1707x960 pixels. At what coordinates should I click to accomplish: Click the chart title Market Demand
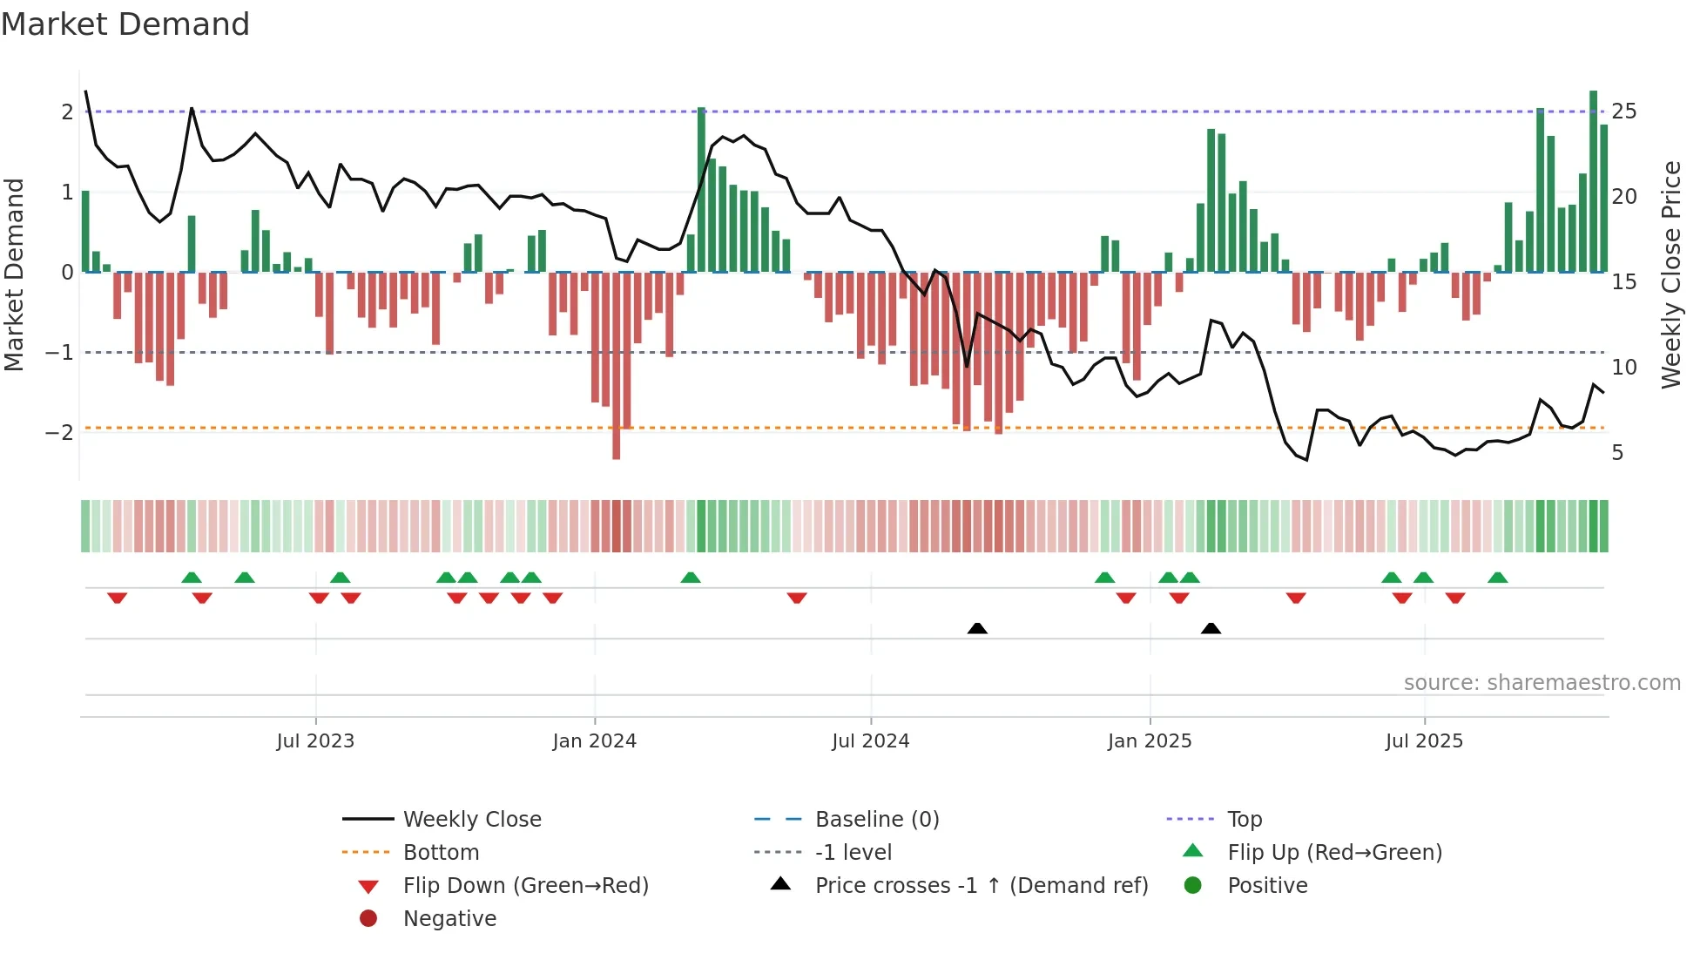125,24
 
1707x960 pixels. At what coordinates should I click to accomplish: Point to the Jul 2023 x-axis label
315,741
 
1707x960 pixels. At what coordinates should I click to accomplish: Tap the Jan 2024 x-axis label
594,741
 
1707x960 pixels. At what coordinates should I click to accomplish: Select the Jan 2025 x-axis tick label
1149,741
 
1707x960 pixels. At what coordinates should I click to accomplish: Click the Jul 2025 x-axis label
1424,741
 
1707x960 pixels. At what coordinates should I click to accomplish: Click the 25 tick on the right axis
1623,112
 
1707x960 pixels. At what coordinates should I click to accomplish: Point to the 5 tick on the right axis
1617,453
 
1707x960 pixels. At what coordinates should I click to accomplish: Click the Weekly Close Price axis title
1670,274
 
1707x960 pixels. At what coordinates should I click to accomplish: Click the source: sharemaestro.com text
1542,683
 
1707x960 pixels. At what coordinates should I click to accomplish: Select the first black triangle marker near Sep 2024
977,628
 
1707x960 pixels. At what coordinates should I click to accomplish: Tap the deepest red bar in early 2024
617,366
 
